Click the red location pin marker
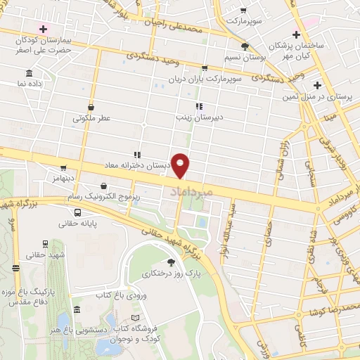click(x=181, y=165)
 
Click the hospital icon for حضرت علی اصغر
click(x=44, y=29)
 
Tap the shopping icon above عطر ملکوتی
click(x=91, y=108)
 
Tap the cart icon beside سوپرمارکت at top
click(x=243, y=11)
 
